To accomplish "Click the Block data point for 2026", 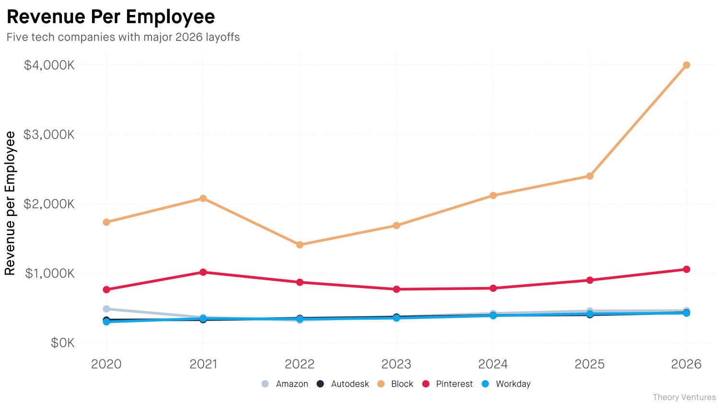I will coord(686,65).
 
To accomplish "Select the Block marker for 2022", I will coord(300,245).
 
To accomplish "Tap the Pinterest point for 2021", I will coord(203,272).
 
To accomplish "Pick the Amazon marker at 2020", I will coord(106,309).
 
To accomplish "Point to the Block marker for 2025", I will coord(590,176).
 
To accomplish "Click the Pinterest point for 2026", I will coord(686,269).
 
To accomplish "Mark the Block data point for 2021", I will coord(203,198).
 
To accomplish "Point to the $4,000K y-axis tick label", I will coord(49,65).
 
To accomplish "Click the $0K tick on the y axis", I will coord(62,343).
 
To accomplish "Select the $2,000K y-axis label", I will coord(49,204).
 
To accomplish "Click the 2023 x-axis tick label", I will coord(396,364).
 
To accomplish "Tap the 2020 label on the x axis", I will coord(106,364).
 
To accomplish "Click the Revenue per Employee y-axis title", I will coord(10,204).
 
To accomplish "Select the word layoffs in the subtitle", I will coord(222,37).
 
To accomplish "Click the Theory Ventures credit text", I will coord(684,397).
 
